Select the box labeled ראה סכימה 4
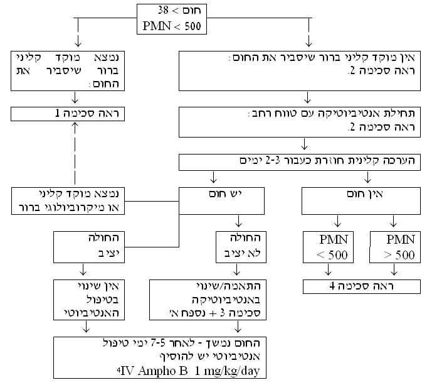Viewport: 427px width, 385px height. [x=361, y=287]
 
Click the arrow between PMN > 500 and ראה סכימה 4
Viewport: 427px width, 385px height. [x=394, y=270]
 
